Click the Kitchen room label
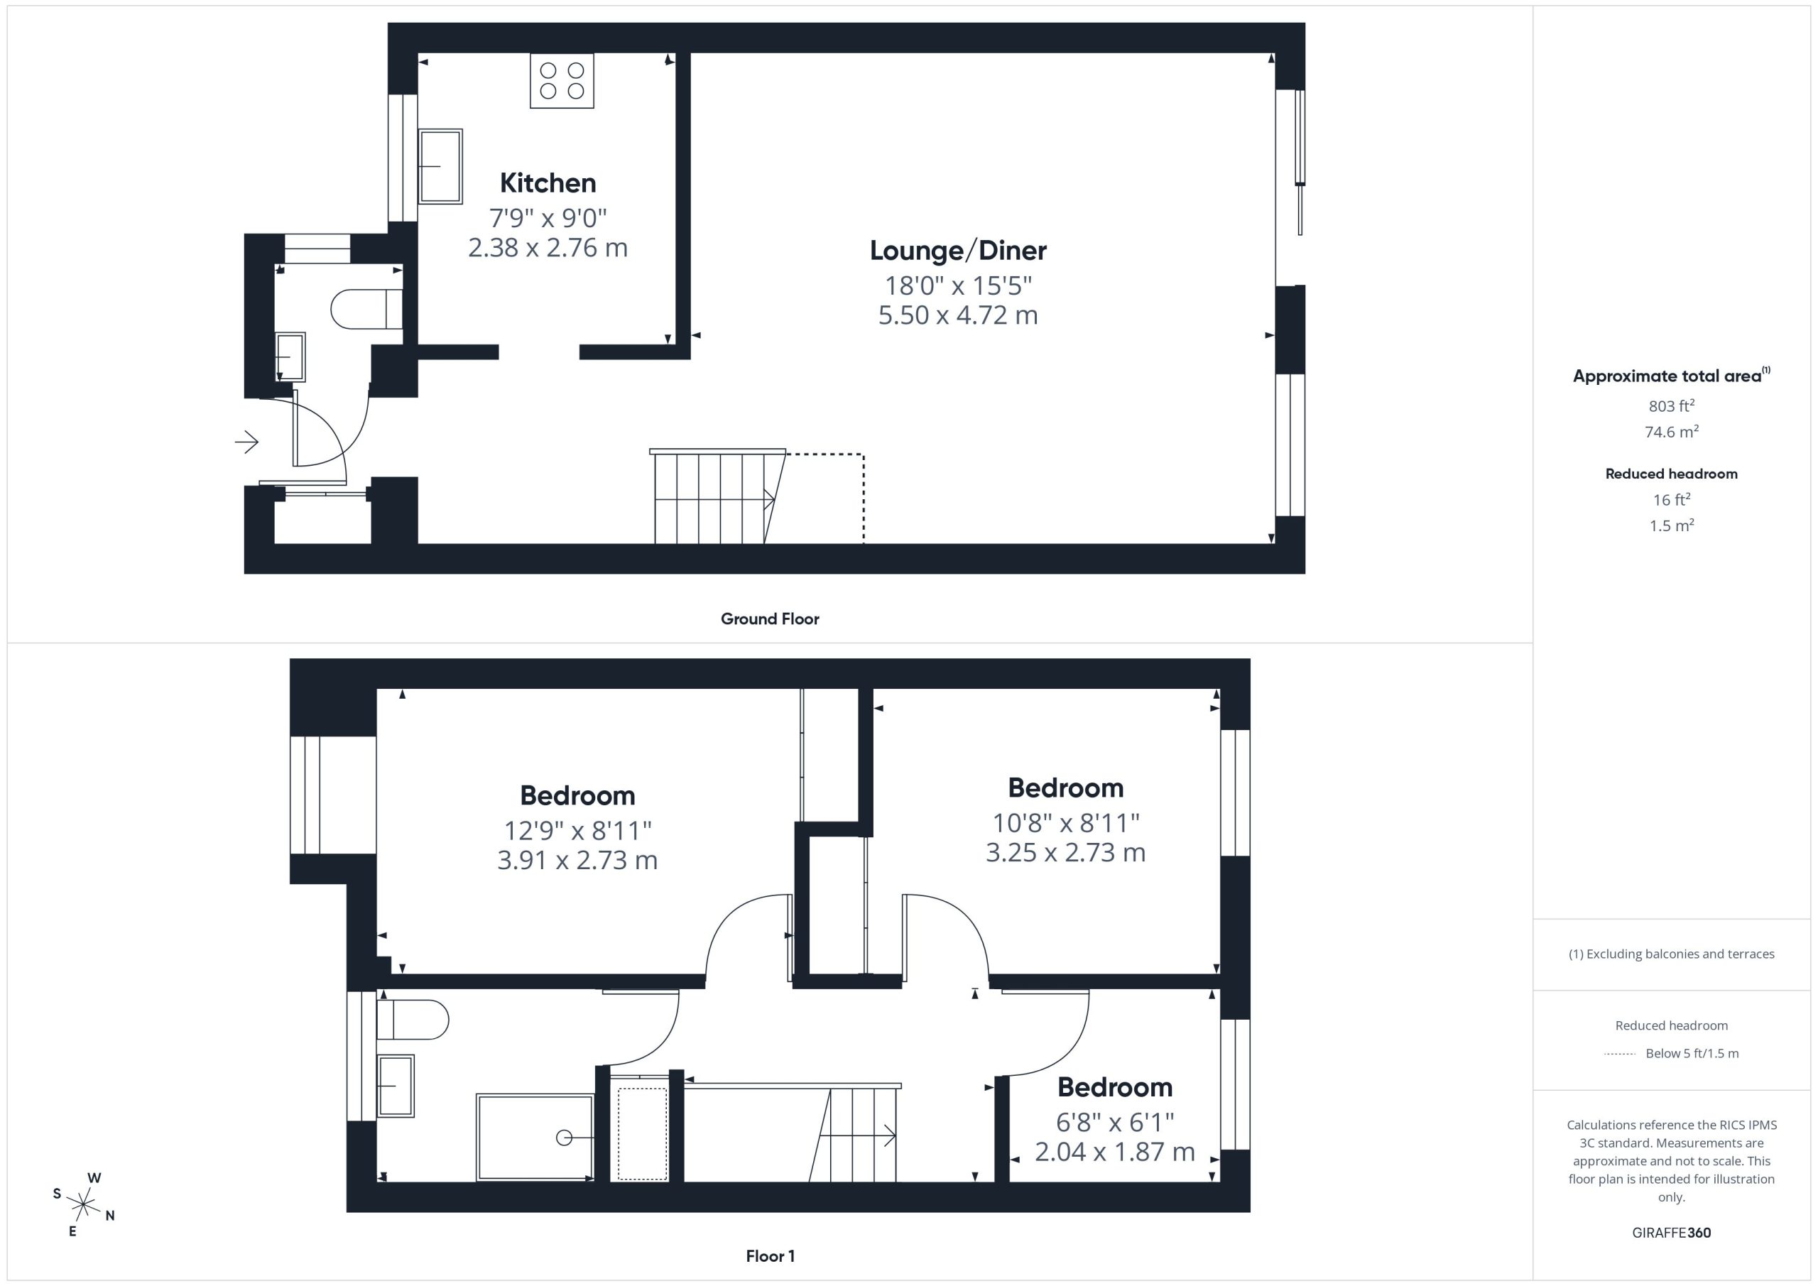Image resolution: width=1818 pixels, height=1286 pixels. (548, 183)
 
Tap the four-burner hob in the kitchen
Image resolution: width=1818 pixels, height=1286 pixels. (562, 81)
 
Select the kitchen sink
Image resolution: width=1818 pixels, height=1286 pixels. (440, 166)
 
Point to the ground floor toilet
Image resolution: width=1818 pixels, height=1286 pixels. (366, 309)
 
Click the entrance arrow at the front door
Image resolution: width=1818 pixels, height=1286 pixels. (247, 441)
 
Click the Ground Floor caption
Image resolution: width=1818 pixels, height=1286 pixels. (770, 619)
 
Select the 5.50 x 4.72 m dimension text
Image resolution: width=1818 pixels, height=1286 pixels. (958, 315)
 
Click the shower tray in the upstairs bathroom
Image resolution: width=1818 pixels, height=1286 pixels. (535, 1138)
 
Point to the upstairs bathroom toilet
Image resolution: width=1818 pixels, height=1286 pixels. (413, 1020)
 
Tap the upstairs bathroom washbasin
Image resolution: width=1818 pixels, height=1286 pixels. (395, 1086)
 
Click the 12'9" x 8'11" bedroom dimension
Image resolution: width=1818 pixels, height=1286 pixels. (578, 830)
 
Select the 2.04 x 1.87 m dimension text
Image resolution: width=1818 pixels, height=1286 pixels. (1115, 1151)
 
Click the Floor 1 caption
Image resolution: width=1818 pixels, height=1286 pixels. (771, 1256)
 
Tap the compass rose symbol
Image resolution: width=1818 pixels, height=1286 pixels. (83, 1204)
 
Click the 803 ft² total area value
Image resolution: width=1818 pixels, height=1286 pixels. (1672, 405)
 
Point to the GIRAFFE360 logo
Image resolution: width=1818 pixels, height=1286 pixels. (1672, 1233)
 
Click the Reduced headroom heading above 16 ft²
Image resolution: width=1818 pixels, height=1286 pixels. (1672, 474)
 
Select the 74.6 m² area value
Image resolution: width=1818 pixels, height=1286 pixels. (1672, 432)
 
